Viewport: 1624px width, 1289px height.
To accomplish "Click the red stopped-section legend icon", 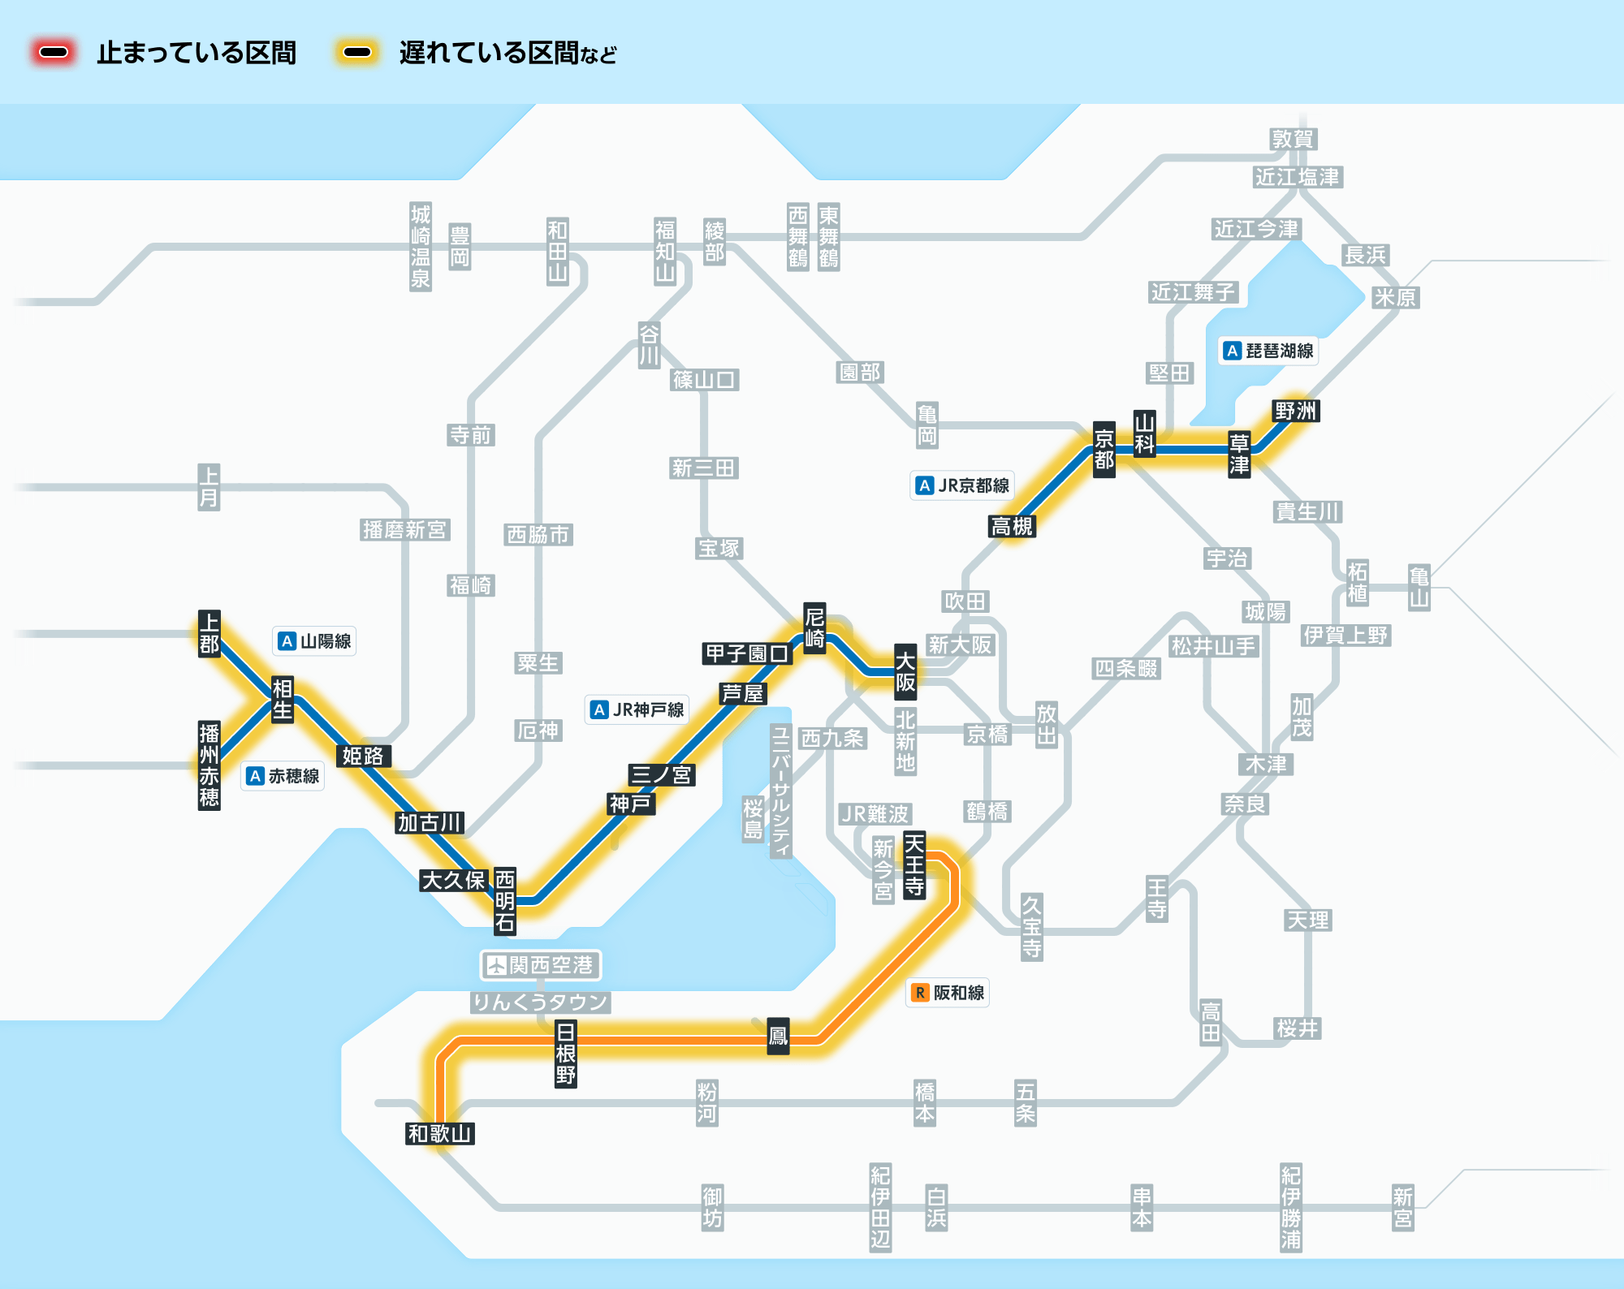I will [x=54, y=53].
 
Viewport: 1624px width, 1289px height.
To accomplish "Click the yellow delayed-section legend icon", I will [x=357, y=53].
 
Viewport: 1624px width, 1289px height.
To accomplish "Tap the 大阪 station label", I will [x=905, y=671].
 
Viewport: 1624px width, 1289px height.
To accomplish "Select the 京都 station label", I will [x=1104, y=449].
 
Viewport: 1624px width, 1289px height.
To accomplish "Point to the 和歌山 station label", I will [x=439, y=1133].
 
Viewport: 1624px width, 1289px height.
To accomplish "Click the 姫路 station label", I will [x=362, y=756].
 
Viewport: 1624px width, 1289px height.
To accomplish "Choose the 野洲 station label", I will [x=1295, y=411].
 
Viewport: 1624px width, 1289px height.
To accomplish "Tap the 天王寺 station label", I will [x=914, y=864].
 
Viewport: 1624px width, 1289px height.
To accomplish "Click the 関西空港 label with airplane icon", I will [x=541, y=965].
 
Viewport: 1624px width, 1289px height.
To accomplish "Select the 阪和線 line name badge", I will [x=948, y=993].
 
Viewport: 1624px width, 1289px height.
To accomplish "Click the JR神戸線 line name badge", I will [x=637, y=709].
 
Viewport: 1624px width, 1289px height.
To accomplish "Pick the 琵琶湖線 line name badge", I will [x=1269, y=351].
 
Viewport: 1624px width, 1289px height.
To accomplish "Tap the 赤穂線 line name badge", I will [x=283, y=776].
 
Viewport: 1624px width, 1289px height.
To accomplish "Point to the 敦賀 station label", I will [x=1293, y=139].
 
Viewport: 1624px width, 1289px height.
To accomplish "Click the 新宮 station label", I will [x=1403, y=1208].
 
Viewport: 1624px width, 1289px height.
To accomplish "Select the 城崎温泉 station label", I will [x=421, y=247].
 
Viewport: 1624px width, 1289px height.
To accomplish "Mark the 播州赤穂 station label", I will [x=209, y=765].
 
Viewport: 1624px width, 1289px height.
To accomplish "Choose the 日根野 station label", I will [x=566, y=1054].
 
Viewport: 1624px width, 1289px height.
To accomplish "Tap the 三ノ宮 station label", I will [x=661, y=774].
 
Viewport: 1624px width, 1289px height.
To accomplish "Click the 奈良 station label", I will [x=1245, y=804].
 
